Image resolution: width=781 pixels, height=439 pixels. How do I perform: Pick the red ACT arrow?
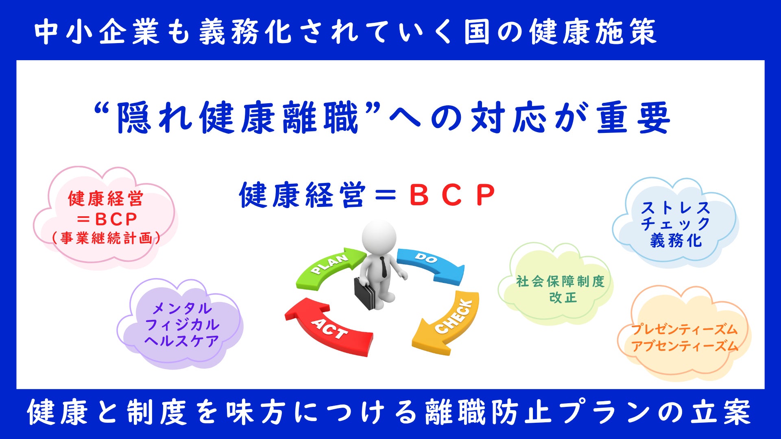[325, 327]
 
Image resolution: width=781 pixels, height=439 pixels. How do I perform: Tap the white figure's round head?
[379, 237]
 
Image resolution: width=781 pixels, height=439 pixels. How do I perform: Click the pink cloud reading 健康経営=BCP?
[105, 217]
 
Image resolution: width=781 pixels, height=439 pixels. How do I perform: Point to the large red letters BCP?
[452, 195]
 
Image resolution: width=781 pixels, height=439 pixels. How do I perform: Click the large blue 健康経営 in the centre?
[302, 195]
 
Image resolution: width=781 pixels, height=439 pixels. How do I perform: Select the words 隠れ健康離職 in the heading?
[238, 118]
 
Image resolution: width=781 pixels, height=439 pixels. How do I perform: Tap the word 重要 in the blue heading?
[633, 118]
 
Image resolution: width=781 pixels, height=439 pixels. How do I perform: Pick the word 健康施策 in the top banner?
[593, 32]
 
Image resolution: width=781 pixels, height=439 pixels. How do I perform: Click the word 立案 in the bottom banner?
[720, 412]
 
